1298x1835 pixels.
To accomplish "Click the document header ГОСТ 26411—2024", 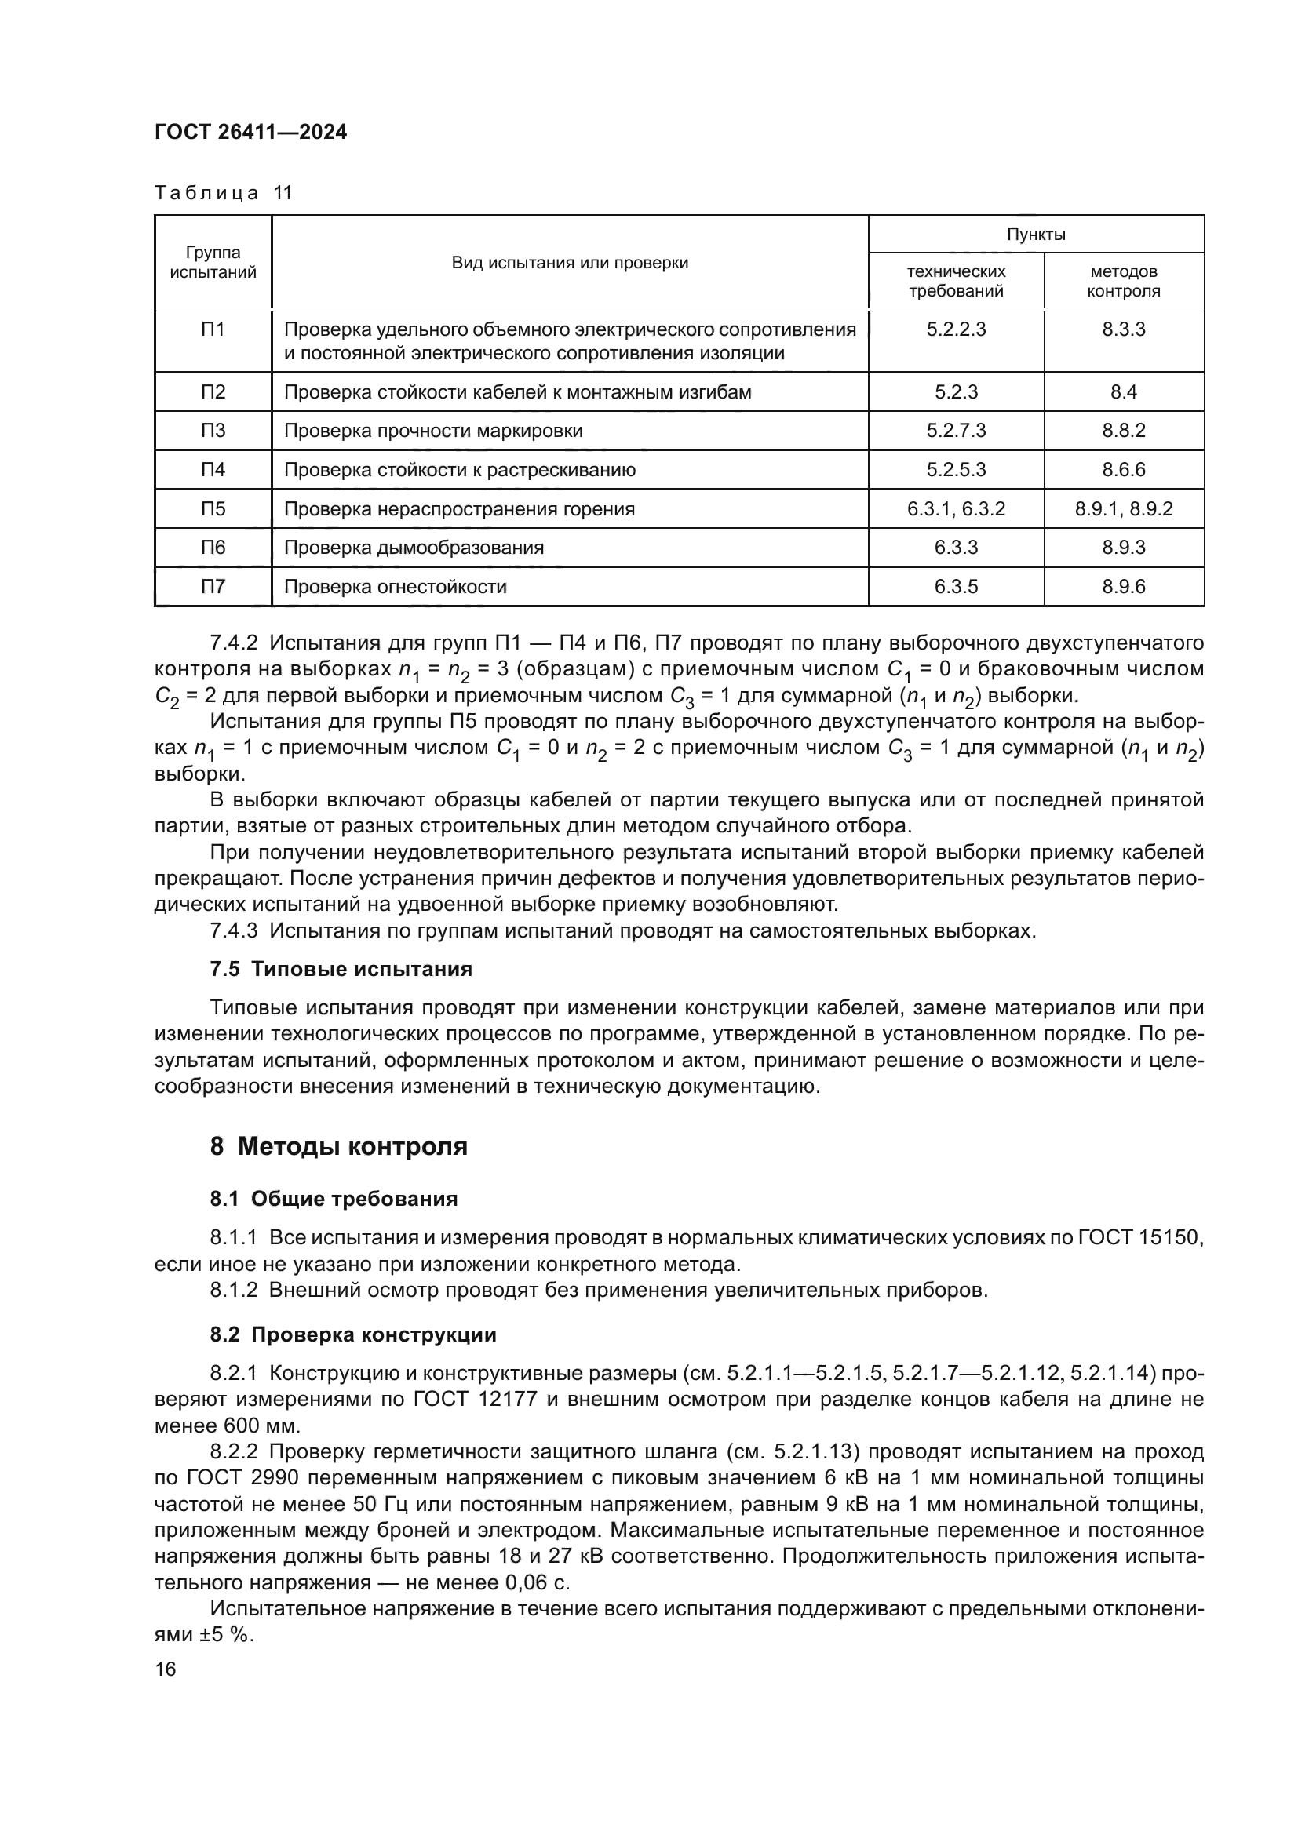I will [250, 133].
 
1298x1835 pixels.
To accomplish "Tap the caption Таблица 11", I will [223, 194].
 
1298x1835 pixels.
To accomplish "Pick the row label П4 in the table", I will [213, 469].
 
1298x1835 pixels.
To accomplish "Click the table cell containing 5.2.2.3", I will [956, 329].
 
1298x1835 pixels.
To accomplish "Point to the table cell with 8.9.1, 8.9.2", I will [1123, 509].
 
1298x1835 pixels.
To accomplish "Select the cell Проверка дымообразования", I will [414, 548].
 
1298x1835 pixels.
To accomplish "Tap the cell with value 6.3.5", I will [956, 587].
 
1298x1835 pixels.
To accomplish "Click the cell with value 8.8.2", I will [1123, 431].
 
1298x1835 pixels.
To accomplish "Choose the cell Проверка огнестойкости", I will [396, 587].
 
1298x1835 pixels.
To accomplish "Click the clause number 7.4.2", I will [233, 643].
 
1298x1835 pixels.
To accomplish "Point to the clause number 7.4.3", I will [233, 930].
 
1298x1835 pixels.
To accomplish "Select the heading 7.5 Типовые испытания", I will [341, 970].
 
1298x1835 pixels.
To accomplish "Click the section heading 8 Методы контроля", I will [338, 1146].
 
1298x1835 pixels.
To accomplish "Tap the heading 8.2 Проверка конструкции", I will [352, 1334].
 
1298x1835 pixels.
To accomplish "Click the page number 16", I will [166, 1669].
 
